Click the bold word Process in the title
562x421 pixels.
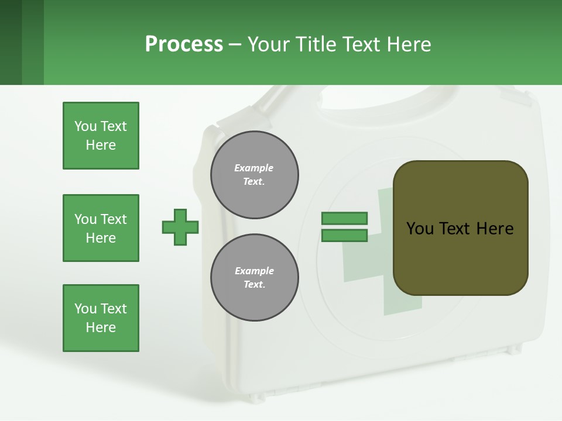(x=184, y=44)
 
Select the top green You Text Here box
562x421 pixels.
(x=101, y=136)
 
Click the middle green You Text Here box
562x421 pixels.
(x=101, y=228)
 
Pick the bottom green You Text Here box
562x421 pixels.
(x=101, y=318)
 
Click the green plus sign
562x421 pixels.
(x=180, y=227)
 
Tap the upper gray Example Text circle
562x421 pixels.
(x=255, y=175)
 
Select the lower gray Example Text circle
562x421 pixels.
(x=255, y=278)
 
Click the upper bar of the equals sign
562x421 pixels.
(x=344, y=218)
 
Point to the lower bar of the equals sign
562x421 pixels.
(x=344, y=236)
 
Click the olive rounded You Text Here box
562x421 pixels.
(x=460, y=228)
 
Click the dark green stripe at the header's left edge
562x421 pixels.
(x=11, y=42)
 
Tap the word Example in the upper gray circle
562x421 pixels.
(x=253, y=168)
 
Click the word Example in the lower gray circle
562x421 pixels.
(x=254, y=271)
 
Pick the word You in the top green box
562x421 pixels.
(x=85, y=126)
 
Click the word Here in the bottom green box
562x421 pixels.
(x=101, y=327)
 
